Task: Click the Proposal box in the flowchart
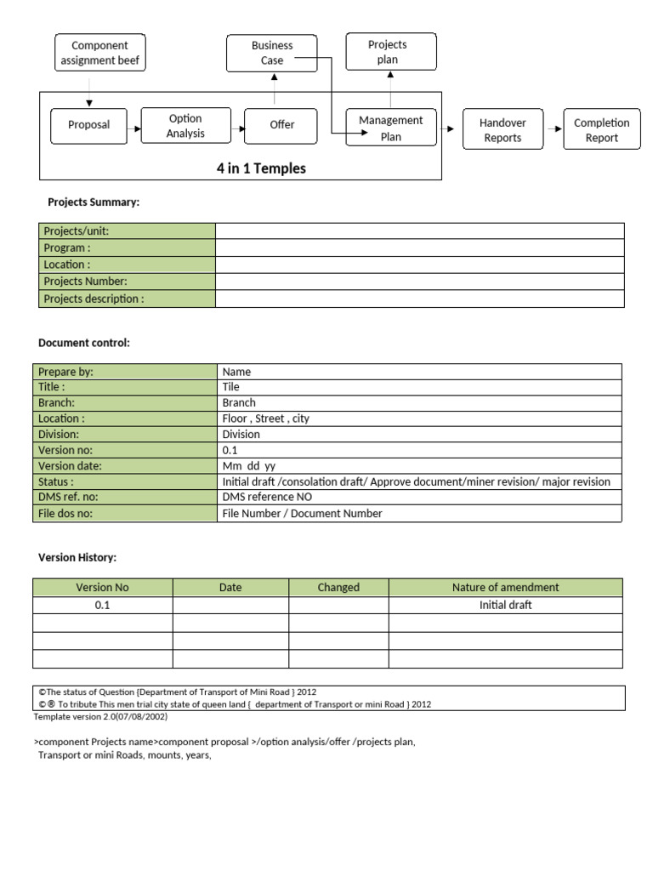tap(88, 125)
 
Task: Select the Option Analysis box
tap(185, 126)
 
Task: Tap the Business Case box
tap(271, 53)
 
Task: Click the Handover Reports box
tap(503, 130)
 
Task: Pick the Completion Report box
tap(601, 130)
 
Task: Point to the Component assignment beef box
tap(99, 53)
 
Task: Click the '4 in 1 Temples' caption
tap(261, 168)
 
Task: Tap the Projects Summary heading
tap(94, 202)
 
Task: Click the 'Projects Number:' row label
tap(85, 282)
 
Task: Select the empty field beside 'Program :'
tap(419, 248)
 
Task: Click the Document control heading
tap(84, 343)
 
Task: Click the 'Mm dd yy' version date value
tap(248, 466)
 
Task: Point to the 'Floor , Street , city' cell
tap(265, 418)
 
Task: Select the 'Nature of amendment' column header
tap(505, 587)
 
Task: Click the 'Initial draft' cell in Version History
tap(505, 605)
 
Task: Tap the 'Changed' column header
tap(338, 587)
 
